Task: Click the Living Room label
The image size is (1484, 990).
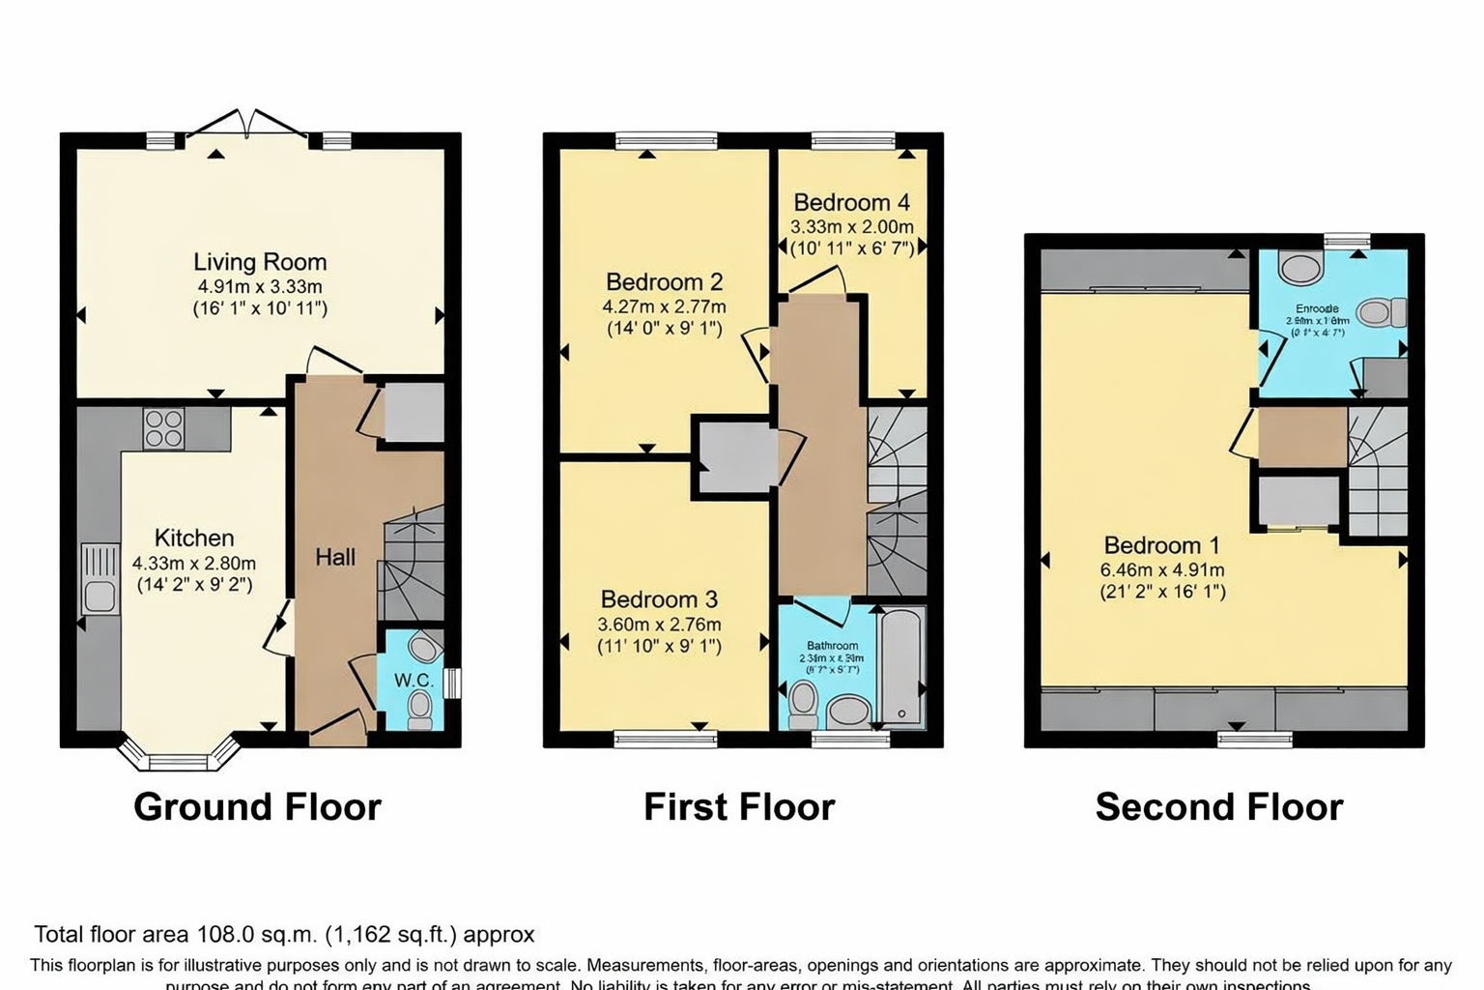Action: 260,262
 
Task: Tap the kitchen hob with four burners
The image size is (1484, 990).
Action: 163,428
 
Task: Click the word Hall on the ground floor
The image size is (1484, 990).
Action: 335,557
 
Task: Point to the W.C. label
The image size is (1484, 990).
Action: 414,681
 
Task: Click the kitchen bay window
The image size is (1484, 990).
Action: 178,757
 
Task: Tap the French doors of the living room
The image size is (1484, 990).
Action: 249,124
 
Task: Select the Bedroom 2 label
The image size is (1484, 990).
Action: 664,282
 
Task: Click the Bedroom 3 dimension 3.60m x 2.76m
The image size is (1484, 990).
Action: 659,625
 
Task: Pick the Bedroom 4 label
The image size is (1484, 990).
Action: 851,203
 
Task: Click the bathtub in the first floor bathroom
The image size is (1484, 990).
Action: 902,667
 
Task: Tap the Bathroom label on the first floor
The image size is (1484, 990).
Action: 832,646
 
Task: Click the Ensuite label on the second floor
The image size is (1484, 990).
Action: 1317,309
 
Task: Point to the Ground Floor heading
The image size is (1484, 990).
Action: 257,806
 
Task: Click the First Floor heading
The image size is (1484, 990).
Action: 739,806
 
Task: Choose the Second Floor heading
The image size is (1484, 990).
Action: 1218,806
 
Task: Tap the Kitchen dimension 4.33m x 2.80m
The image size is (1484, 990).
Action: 194,563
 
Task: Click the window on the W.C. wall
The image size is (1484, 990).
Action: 455,683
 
